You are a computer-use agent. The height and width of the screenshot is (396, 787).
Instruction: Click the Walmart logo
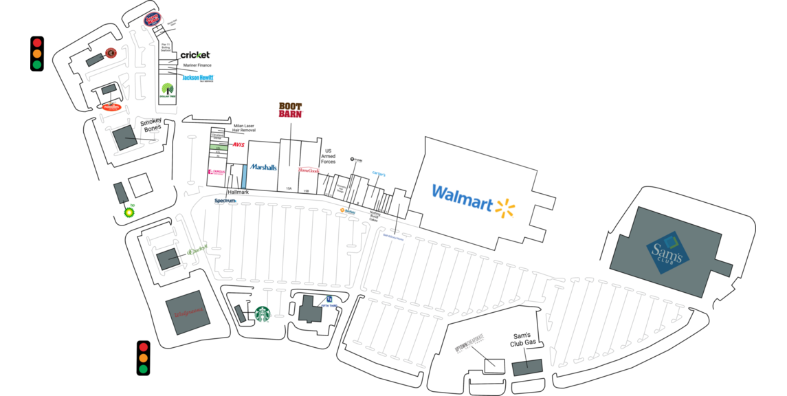click(473, 199)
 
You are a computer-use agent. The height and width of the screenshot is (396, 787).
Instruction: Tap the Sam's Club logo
click(666, 252)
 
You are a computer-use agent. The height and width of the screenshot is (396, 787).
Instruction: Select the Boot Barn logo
click(290, 110)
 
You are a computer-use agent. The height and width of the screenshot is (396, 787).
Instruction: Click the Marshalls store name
click(263, 167)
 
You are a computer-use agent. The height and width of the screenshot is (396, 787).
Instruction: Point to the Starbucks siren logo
click(263, 314)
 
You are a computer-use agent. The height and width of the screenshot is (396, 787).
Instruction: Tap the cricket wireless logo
click(195, 55)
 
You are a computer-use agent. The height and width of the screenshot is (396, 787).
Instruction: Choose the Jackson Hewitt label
click(197, 78)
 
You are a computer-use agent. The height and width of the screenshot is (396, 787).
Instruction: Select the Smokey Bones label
click(151, 125)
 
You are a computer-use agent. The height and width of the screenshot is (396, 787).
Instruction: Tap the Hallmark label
click(238, 192)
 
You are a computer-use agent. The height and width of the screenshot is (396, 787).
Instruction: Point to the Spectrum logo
click(225, 201)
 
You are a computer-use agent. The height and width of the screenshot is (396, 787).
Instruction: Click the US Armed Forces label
click(328, 156)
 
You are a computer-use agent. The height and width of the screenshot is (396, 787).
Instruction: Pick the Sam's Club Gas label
click(523, 339)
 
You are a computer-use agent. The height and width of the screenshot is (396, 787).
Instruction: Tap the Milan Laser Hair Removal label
click(244, 128)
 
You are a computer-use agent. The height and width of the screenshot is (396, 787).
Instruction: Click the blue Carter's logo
click(379, 174)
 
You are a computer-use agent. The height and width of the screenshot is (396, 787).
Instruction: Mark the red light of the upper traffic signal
click(37, 42)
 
